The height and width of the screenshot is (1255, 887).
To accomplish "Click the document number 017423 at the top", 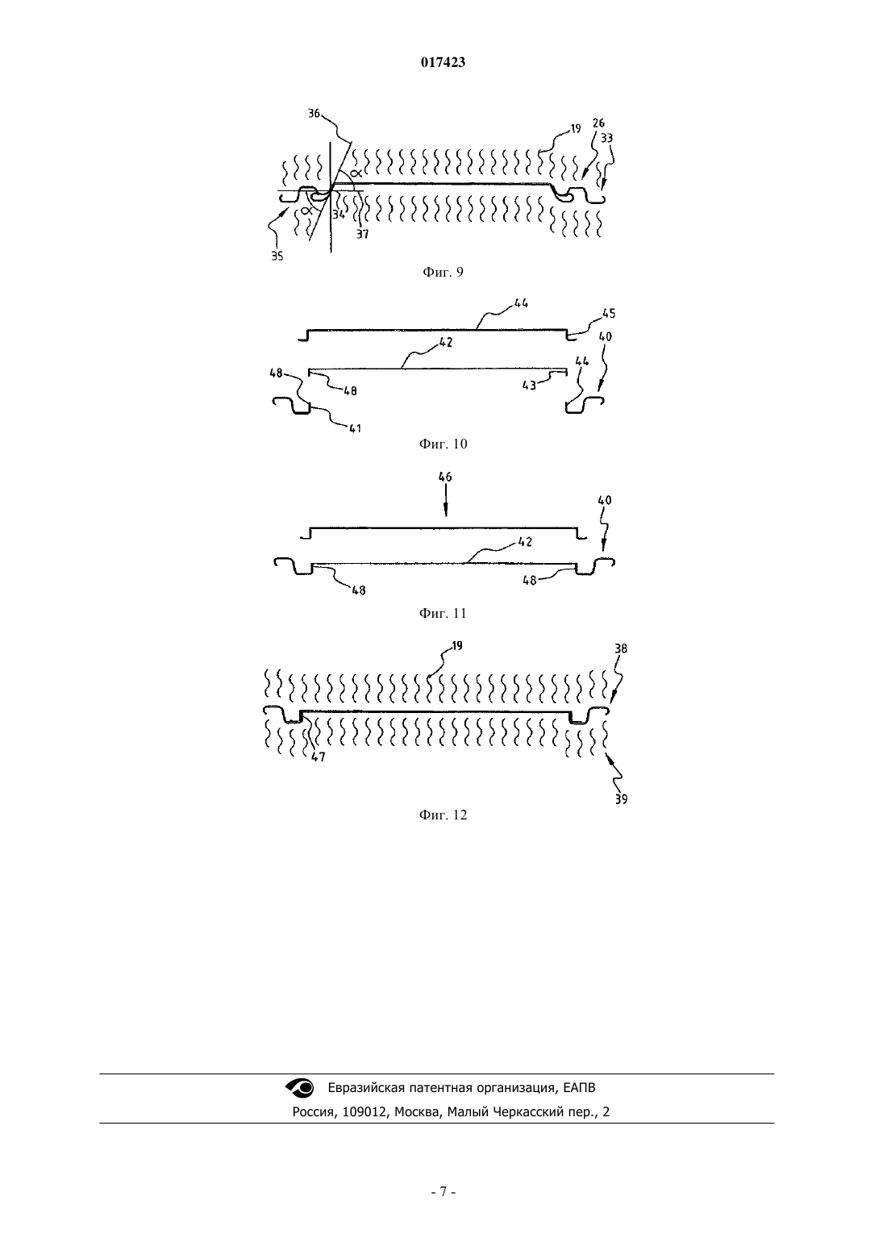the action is [443, 62].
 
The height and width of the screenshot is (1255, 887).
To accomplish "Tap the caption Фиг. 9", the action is [443, 273].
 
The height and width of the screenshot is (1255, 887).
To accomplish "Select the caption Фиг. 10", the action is [443, 444].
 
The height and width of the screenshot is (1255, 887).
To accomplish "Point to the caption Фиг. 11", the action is [443, 614].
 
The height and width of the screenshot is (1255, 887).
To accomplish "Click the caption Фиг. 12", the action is [443, 815].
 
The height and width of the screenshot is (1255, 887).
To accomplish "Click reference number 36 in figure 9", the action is [314, 114].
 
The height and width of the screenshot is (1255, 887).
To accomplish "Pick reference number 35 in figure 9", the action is [277, 256].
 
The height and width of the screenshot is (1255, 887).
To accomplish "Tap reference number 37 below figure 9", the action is [363, 234].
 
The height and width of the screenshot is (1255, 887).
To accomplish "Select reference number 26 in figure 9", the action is [598, 123].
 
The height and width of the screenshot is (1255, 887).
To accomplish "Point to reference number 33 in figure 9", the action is [606, 138].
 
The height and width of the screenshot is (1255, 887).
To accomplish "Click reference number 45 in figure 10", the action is [609, 314].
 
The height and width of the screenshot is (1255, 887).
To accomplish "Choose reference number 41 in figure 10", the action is [355, 428].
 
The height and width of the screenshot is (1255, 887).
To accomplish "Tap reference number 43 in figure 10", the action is [529, 386].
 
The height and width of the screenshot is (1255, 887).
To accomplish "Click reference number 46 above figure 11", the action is [445, 477].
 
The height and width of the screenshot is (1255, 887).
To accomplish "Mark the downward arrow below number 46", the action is [446, 502].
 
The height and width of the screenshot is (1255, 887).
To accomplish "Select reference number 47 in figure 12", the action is [319, 757].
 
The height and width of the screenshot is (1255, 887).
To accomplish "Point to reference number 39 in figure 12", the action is [621, 799].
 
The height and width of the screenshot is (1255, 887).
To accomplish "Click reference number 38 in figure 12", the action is [620, 648].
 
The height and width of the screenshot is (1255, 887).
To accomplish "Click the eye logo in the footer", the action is [300, 1087].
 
